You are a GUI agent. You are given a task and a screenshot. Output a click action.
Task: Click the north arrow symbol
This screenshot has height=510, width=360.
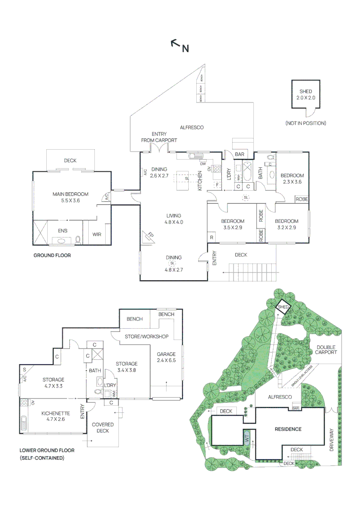pyautogui.click(x=180, y=45)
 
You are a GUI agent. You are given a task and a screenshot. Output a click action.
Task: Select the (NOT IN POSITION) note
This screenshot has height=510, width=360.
pyautogui.click(x=305, y=123)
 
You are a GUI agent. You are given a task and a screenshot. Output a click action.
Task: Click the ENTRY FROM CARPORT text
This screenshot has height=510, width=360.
pyautogui.click(x=159, y=137)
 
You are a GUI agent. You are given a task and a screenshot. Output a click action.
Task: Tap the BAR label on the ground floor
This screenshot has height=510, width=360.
pyautogui.click(x=240, y=154)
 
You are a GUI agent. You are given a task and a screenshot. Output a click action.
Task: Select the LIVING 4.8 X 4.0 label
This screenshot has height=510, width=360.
pyautogui.click(x=173, y=218)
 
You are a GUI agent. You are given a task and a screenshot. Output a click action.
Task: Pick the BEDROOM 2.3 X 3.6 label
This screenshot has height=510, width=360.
pyautogui.click(x=292, y=178)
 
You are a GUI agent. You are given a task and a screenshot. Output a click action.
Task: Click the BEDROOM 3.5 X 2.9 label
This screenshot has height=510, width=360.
pyautogui.click(x=233, y=224)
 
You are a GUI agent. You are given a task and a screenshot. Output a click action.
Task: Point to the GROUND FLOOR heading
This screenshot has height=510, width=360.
pyautogui.click(x=52, y=255)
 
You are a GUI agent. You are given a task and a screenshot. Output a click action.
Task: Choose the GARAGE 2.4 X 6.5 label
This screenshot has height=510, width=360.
pyautogui.click(x=167, y=357)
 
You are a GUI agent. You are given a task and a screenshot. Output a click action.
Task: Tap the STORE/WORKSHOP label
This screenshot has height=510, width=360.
pyautogui.click(x=146, y=337)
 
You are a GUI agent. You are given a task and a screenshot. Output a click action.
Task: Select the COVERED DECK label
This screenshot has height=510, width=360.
pyautogui.click(x=102, y=427)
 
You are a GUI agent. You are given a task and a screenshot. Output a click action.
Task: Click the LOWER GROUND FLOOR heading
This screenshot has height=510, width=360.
pyautogui.click(x=47, y=450)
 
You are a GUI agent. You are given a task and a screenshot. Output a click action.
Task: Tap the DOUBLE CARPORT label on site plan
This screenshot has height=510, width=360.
pyautogui.click(x=326, y=349)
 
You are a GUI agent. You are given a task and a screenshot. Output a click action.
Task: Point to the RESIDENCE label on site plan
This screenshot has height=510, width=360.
pyautogui.click(x=288, y=429)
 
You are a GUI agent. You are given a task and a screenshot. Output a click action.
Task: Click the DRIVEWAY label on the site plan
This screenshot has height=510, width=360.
pyautogui.click(x=332, y=440)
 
